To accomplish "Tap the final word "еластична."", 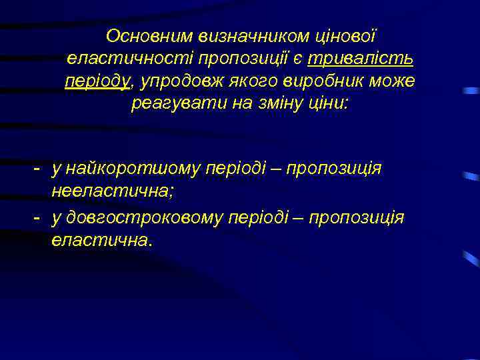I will (x=102, y=241).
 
